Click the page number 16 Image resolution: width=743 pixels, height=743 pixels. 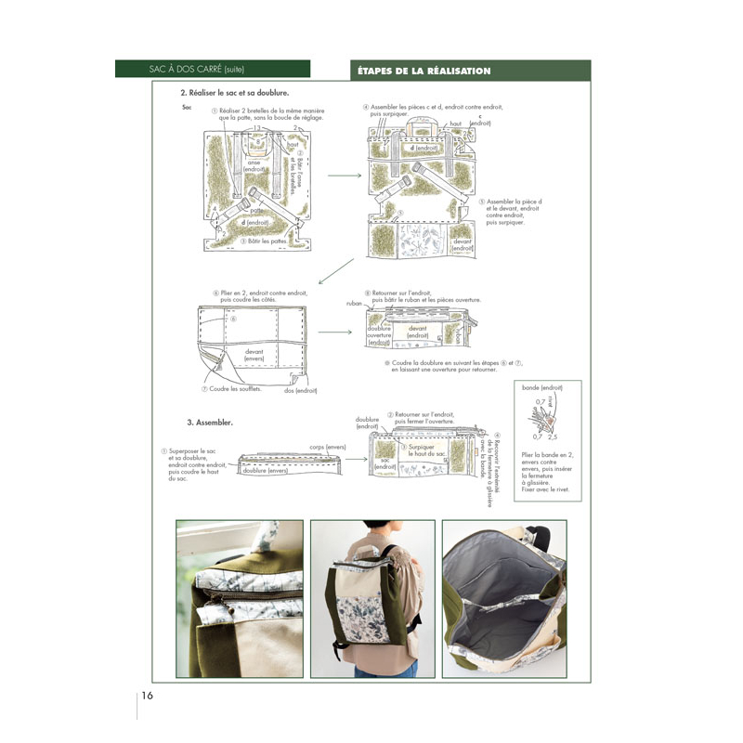[148, 697]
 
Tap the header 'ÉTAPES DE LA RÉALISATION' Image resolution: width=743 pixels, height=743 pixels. [424, 71]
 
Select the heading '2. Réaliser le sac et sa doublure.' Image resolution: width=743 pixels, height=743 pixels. [235, 94]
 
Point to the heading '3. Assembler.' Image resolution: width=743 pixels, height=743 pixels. [210, 422]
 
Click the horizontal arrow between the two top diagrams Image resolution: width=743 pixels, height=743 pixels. [344, 175]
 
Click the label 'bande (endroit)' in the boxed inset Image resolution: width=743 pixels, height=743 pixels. [541, 386]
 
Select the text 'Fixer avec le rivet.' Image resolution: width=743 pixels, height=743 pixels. [545, 489]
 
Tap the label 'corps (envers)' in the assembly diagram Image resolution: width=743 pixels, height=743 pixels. [328, 447]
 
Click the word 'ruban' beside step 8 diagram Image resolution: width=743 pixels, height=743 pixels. [354, 303]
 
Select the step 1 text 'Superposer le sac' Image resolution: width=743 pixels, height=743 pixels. [192, 452]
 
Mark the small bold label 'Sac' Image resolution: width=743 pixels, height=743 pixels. [187, 108]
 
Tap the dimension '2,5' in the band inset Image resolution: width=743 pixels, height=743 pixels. [553, 436]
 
